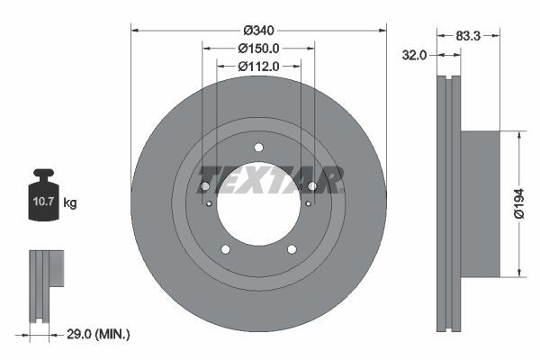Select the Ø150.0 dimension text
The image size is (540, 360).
259,49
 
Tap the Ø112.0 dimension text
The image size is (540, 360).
259,67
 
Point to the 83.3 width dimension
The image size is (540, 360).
465,37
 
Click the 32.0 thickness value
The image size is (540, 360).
413,55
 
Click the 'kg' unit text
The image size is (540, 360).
69,203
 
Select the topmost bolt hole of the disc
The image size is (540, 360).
258,148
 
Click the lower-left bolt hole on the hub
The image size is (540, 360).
225,249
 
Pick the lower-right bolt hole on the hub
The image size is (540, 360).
292,249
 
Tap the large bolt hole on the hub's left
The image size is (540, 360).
204,186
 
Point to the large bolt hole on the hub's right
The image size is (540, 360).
312,186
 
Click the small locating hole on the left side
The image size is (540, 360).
209,203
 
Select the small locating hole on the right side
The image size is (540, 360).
308,203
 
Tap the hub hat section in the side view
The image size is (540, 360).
479,202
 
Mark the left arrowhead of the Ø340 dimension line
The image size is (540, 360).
134,30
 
